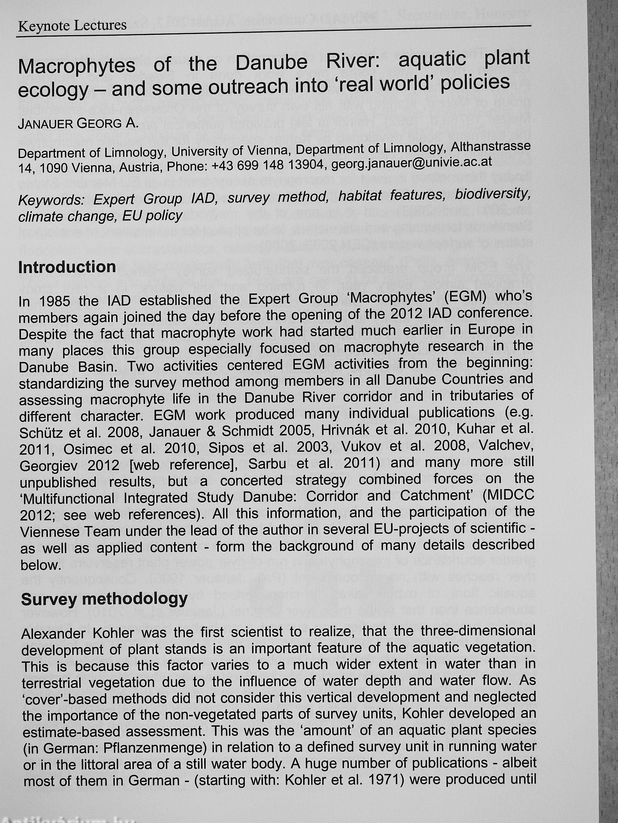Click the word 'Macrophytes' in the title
click(x=77, y=66)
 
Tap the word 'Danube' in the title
click(x=272, y=62)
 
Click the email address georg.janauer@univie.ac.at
click(x=411, y=163)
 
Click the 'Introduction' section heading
click(x=67, y=267)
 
